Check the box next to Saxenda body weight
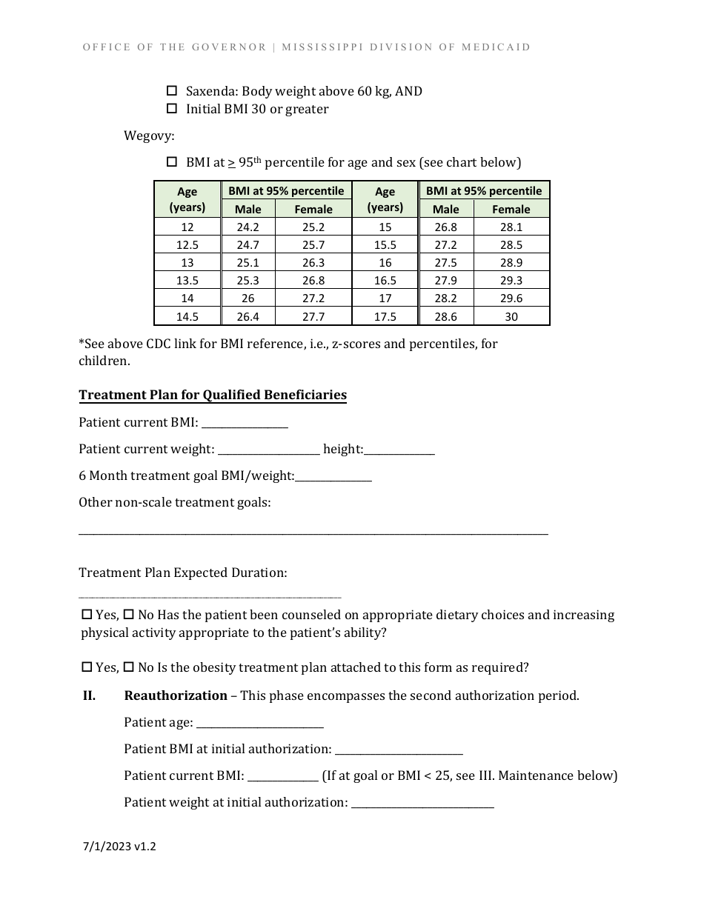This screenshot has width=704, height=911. [172, 91]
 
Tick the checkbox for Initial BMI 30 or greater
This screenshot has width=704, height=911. [172, 109]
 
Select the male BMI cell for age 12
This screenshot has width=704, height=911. [248, 227]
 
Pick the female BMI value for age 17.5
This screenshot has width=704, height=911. [511, 316]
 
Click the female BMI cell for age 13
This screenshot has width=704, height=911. [313, 263]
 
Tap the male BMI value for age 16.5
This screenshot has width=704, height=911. [445, 281]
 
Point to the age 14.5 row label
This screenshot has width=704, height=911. [187, 316]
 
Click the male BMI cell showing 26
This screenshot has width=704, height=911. [248, 298]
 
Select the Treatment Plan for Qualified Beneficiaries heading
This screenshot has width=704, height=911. [213, 395]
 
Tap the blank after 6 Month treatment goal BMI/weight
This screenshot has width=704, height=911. [333, 476]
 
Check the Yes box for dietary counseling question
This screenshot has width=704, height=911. [87, 615]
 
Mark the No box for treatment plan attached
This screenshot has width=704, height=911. [129, 667]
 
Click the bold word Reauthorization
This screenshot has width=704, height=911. [176, 695]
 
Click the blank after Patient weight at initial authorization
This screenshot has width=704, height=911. [422, 803]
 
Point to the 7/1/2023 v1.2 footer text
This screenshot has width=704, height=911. [119, 847]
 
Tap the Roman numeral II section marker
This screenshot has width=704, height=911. [89, 695]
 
